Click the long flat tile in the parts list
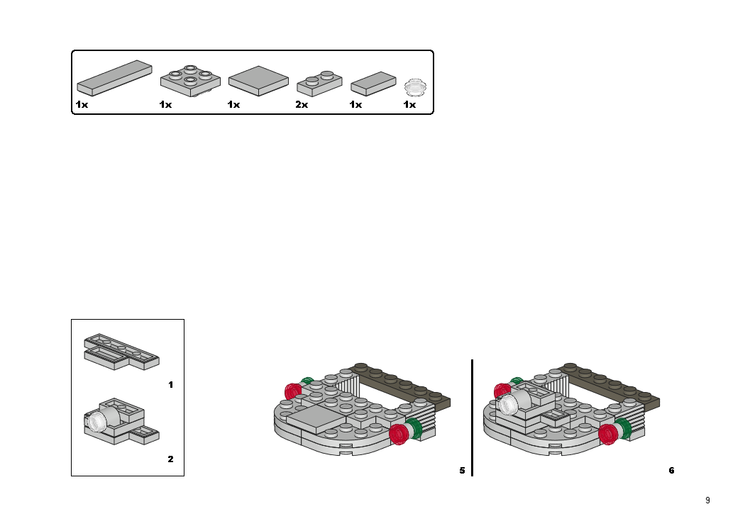(x=114, y=77)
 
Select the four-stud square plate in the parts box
(x=190, y=79)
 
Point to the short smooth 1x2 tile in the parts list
(x=373, y=83)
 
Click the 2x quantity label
(x=302, y=105)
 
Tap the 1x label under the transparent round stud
(x=409, y=105)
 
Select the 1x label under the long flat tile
(x=82, y=105)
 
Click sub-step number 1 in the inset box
(x=170, y=385)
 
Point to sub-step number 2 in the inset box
(x=170, y=459)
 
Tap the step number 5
(x=462, y=470)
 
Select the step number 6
(x=671, y=470)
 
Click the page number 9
(x=707, y=500)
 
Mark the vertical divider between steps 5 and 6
(x=472, y=418)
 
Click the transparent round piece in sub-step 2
(x=94, y=423)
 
